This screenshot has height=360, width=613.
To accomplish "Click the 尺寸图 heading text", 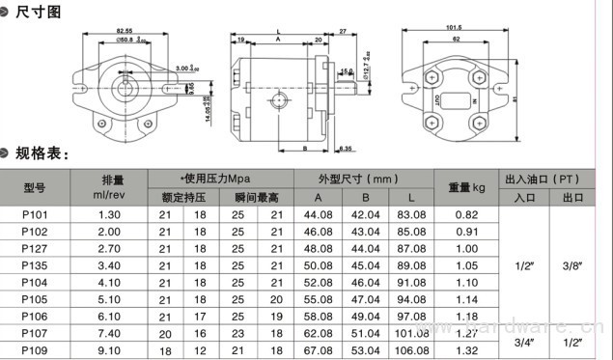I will point(40,12).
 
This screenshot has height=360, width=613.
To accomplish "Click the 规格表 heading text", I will point(42,153).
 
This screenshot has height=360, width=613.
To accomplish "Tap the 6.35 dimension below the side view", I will point(345,148).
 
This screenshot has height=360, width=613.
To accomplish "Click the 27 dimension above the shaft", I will point(343,32).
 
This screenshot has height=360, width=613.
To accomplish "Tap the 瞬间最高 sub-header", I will point(256,197).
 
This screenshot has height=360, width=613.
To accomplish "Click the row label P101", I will point(35,214).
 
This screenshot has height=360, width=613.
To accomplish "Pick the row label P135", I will point(35,264).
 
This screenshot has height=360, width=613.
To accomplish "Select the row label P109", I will point(35,349).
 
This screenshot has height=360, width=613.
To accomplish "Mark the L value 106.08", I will point(410,349).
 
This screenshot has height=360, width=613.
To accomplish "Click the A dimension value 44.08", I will point(318,214).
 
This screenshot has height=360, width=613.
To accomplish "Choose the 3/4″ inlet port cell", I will point(525,341).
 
